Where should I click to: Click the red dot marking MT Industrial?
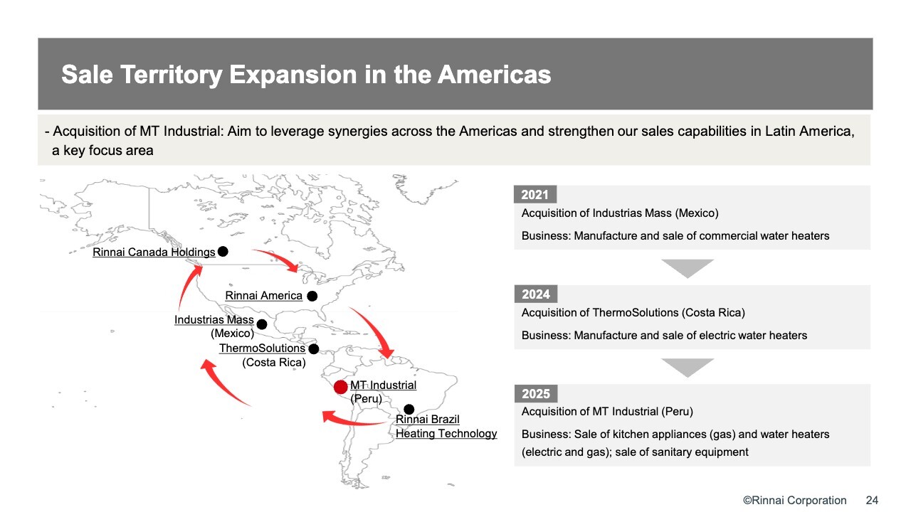340,387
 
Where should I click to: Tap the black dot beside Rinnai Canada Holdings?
223,252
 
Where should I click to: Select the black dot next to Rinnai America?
312,297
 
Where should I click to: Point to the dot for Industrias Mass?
262,324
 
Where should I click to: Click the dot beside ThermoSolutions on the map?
314,348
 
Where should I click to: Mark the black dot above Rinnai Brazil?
409,409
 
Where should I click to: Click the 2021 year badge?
535,195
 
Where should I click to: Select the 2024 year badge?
536,294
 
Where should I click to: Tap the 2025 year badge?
536,393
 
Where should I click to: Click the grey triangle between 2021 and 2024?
688,267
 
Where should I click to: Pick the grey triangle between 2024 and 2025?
688,366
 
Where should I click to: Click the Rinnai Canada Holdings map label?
154,252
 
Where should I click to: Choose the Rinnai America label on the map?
263,296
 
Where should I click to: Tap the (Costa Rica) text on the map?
274,363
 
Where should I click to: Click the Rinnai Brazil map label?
428,420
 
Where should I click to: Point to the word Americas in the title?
494,75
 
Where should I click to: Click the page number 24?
872,500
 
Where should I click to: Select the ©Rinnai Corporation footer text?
795,500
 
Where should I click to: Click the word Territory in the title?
171,75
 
